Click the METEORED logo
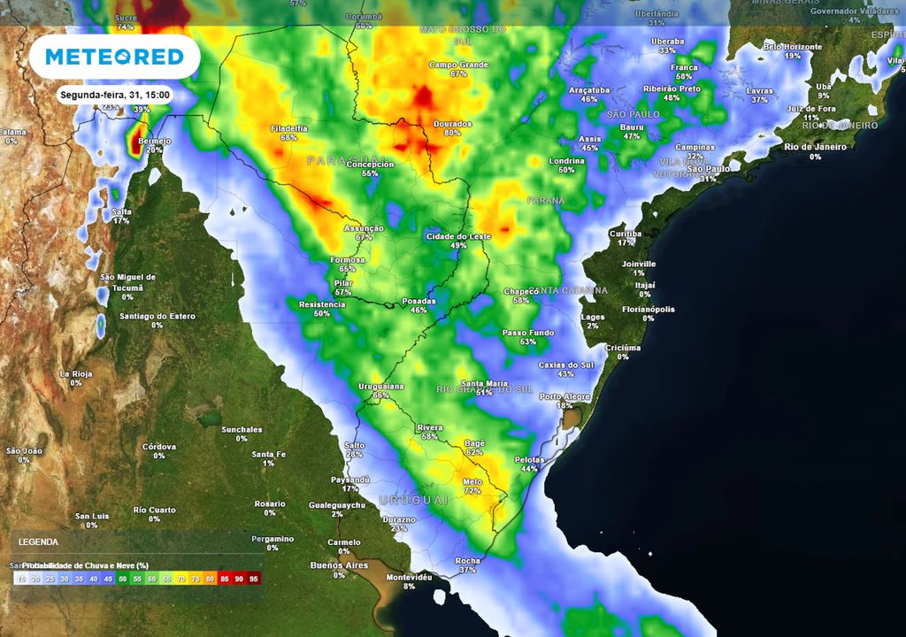click(x=114, y=58)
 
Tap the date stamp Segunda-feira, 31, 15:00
click(x=114, y=95)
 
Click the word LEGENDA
click(x=38, y=541)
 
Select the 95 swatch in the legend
click(x=254, y=579)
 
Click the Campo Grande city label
click(x=458, y=65)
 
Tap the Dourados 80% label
click(x=452, y=127)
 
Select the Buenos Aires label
click(x=338, y=564)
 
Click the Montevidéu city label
click(x=410, y=577)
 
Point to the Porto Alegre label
click(x=564, y=396)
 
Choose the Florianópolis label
click(x=648, y=310)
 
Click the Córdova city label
click(x=159, y=447)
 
